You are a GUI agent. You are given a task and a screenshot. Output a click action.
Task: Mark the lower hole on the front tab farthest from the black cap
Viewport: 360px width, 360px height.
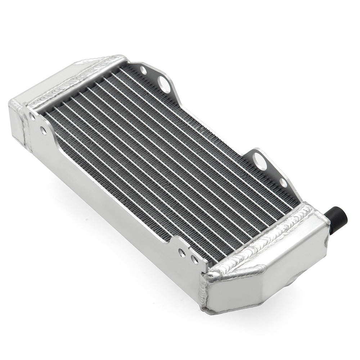click(44, 131)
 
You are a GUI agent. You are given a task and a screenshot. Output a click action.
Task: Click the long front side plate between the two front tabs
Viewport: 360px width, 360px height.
click(108, 187)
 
